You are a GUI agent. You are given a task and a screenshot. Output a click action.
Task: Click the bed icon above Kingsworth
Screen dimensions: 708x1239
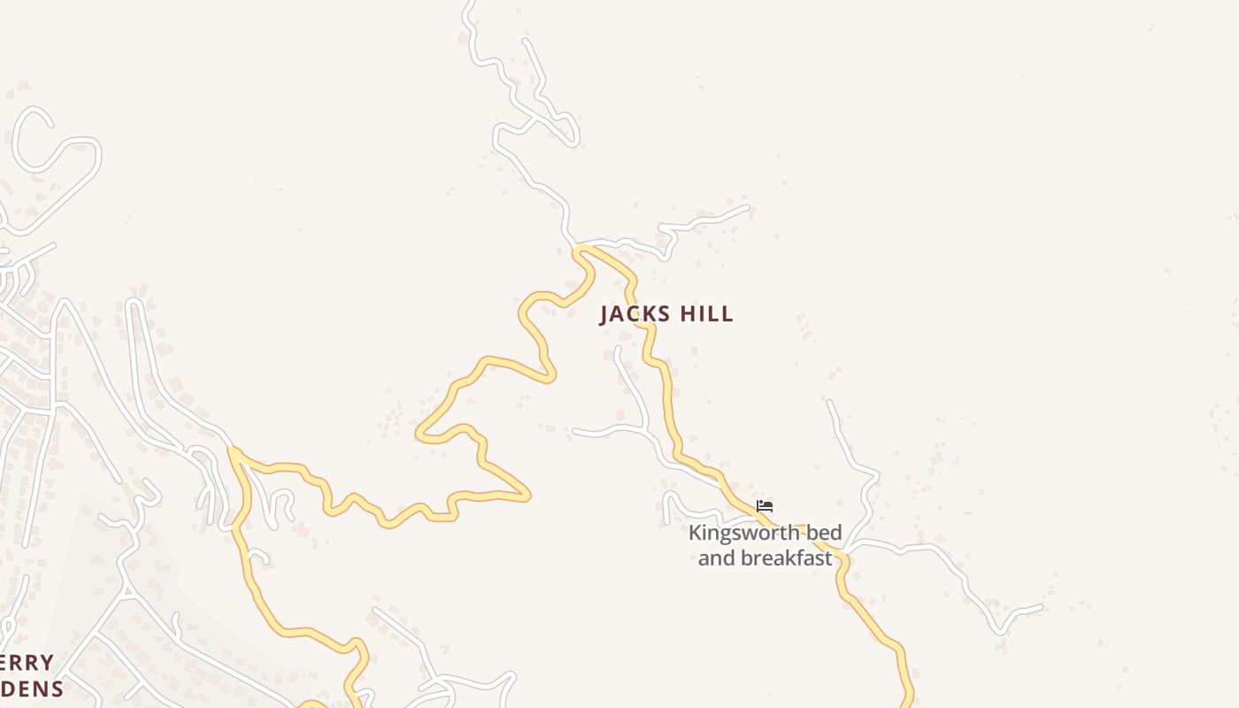tap(765, 506)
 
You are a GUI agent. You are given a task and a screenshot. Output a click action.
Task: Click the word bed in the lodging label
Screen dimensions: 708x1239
tap(824, 534)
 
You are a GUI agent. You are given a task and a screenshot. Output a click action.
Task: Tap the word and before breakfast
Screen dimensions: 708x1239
tap(715, 558)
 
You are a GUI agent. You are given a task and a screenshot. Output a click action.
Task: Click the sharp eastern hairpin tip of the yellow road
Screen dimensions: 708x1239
tap(527, 496)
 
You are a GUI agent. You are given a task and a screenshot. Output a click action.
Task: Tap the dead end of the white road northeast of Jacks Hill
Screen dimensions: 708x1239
tap(748, 208)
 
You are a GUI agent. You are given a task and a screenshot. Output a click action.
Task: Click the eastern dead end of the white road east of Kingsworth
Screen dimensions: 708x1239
tap(1041, 608)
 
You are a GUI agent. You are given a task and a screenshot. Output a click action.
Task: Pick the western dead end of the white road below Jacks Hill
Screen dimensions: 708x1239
tap(575, 432)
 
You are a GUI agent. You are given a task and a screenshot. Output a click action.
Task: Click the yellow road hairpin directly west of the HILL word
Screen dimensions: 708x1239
tap(550, 376)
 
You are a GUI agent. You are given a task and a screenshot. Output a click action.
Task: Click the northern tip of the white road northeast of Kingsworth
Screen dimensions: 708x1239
tap(830, 403)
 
